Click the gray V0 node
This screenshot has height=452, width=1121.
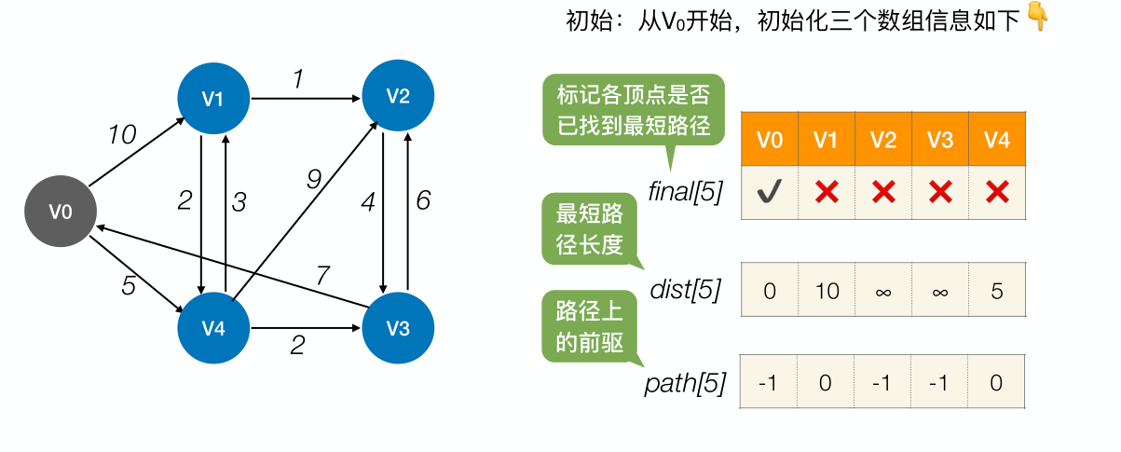coord(61,212)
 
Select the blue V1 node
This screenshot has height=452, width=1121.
coord(213,98)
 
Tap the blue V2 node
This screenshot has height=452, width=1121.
coord(398,95)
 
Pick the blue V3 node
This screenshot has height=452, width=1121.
coord(398,328)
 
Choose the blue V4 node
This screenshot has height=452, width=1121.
coord(213,328)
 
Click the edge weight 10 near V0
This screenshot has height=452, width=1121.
coord(121,135)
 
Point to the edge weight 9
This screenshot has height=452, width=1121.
coord(314,179)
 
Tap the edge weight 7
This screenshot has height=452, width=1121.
coord(322,275)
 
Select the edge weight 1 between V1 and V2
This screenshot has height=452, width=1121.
coord(298,80)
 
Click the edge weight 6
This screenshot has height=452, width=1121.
coord(423,200)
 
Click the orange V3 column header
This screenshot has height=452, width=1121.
coord(940,140)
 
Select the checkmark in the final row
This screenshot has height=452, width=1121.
coord(769,193)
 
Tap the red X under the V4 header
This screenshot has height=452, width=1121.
coord(997,193)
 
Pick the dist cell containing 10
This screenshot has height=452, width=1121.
coord(826,291)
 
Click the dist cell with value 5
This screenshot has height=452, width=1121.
coord(997,291)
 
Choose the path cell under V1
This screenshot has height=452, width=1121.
coord(826,382)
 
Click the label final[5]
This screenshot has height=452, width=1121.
coord(685,194)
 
